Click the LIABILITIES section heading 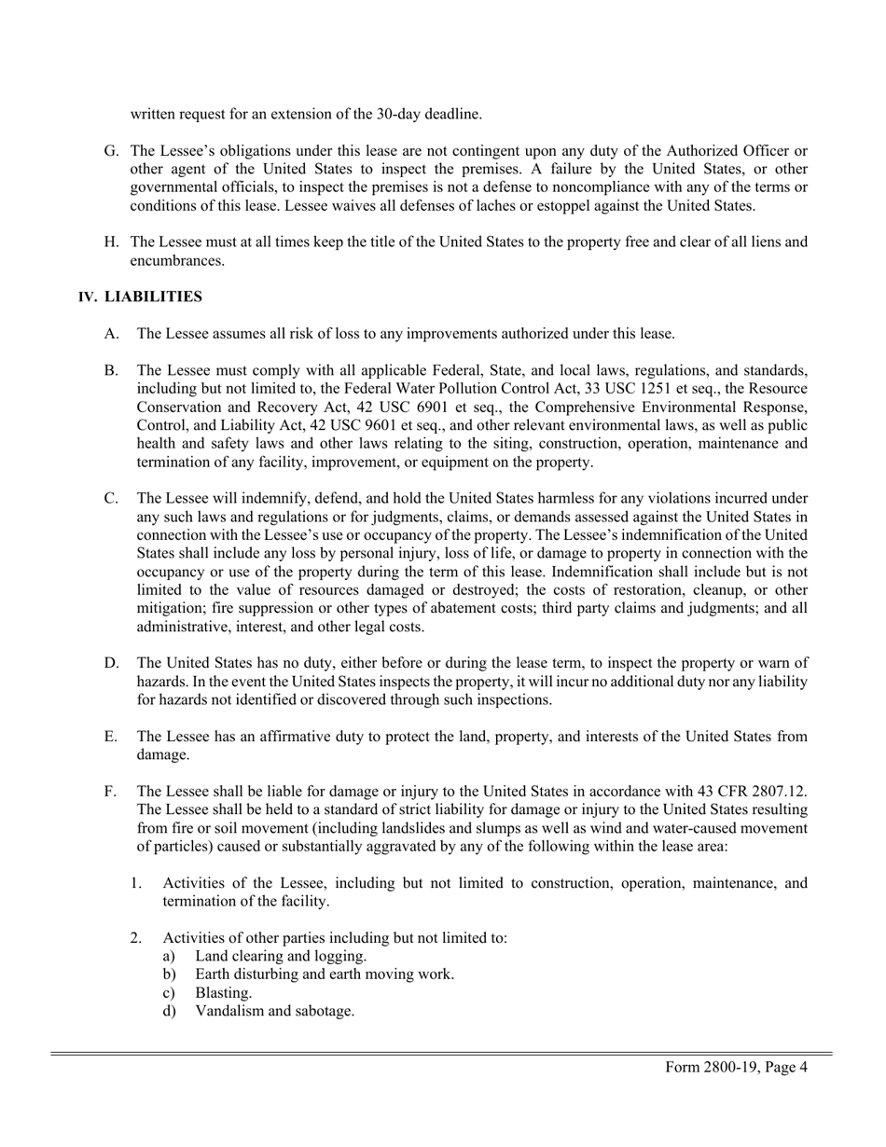(153, 297)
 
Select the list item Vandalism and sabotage (274, 1010)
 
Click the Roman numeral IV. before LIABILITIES (88, 297)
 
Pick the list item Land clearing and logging (280, 956)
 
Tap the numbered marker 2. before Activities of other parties (136, 937)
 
